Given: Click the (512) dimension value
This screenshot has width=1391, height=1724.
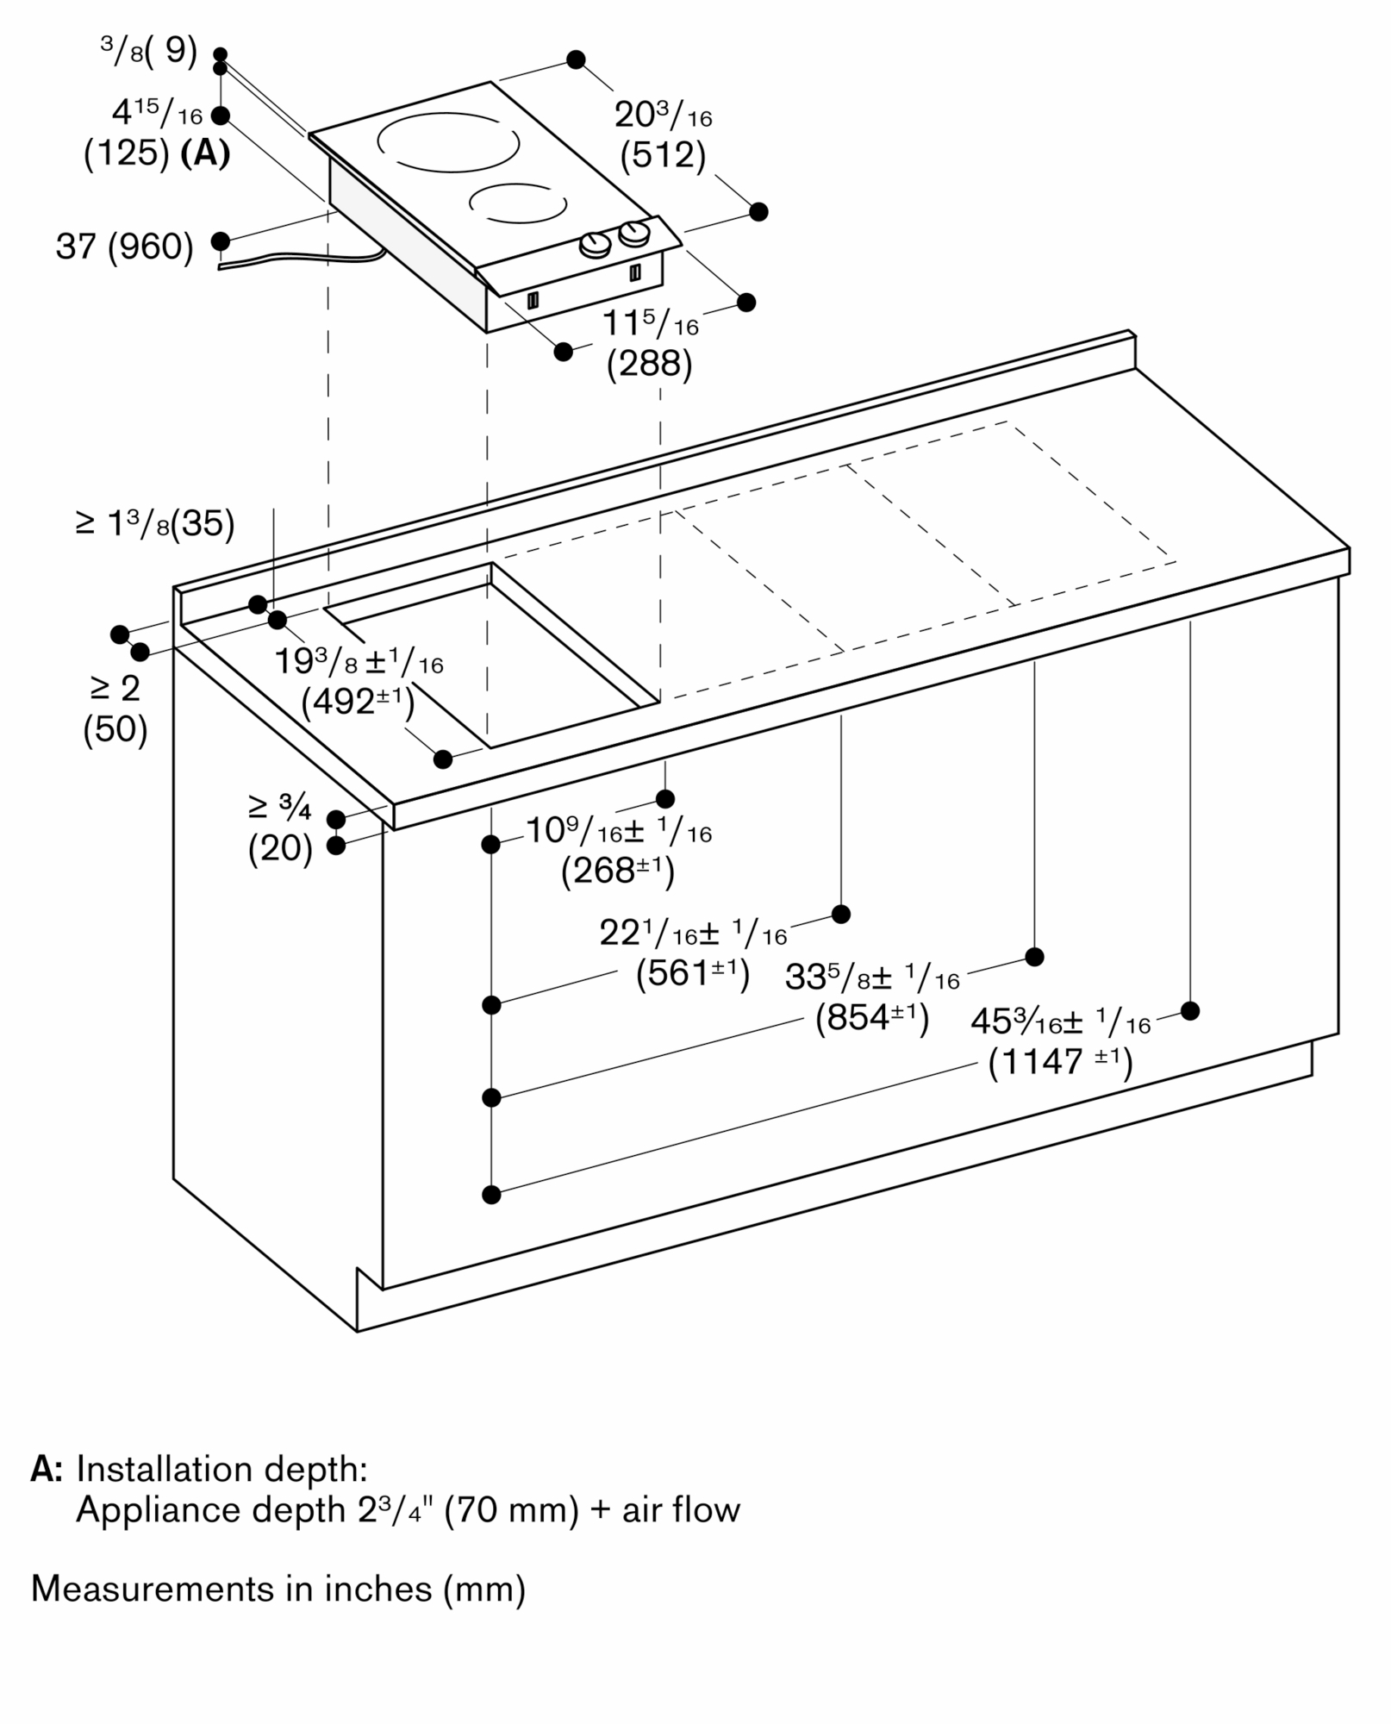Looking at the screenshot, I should pyautogui.click(x=663, y=155).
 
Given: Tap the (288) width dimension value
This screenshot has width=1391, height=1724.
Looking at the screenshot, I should pyautogui.click(x=649, y=365).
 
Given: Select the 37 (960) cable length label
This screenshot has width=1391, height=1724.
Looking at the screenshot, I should pyautogui.click(x=124, y=247).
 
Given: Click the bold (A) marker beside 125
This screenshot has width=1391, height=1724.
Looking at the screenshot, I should pyautogui.click(x=205, y=154).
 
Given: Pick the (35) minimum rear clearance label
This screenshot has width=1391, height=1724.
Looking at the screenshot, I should pyautogui.click(x=203, y=524).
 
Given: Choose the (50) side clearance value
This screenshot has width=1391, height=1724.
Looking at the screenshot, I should pyautogui.click(x=115, y=730).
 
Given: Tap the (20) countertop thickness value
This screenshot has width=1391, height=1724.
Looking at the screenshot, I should pyautogui.click(x=280, y=849).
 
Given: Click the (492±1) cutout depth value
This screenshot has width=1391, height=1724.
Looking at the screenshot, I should pyautogui.click(x=358, y=702).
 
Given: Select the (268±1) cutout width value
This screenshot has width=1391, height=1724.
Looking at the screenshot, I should pyautogui.click(x=618, y=871).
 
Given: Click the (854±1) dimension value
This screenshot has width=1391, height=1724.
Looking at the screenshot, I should pyautogui.click(x=872, y=1019).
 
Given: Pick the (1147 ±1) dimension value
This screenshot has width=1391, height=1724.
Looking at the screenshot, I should pyautogui.click(x=1060, y=1061).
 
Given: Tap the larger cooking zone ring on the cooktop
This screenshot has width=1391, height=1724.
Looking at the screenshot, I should pyautogui.click(x=448, y=141).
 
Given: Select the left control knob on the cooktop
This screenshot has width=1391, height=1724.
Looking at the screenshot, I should pyautogui.click(x=596, y=246).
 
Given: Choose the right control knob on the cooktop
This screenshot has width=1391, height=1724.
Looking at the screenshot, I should pyautogui.click(x=635, y=233).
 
